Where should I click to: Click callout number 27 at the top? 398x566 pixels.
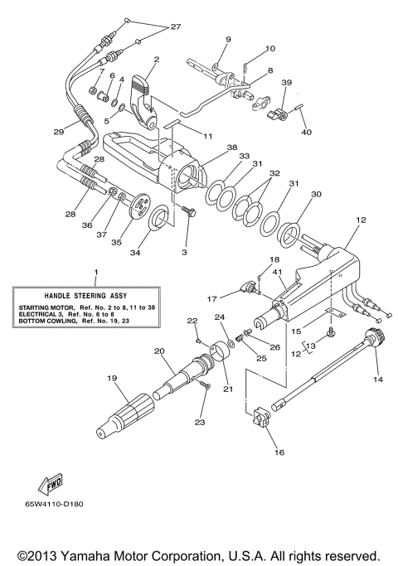click(175, 27)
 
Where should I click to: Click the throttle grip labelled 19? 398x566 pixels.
click(124, 415)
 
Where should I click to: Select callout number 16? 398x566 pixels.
click(277, 453)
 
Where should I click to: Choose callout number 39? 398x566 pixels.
click(286, 83)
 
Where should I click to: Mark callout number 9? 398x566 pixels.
click(229, 39)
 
